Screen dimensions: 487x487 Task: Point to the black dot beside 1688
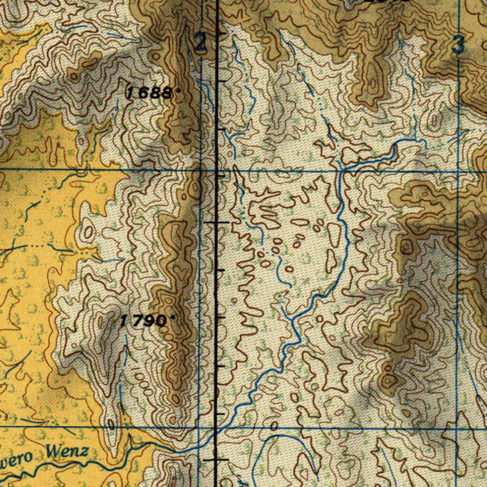coord(179,90)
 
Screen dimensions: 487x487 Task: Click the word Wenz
coord(67,450)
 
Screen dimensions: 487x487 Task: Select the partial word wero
coord(16,458)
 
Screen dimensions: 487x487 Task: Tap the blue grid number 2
coord(201,43)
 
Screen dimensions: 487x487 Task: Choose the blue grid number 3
coord(458,46)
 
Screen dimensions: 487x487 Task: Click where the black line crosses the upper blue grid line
coord(217,170)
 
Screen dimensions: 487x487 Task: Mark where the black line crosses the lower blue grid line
coord(217,428)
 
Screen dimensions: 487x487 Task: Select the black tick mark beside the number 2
coord(222,34)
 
